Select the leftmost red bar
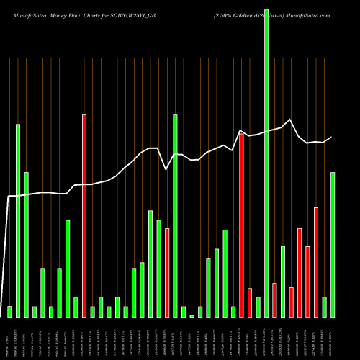point(84,216)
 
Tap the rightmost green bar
point(333,245)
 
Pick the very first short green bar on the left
point(9,311)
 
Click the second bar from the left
point(18,220)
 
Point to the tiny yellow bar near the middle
point(192,315)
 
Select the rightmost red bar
point(316,262)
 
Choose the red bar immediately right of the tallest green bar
point(274,300)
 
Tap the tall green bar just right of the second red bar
point(175,216)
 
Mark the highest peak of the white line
point(290,120)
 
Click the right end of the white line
point(332,137)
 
